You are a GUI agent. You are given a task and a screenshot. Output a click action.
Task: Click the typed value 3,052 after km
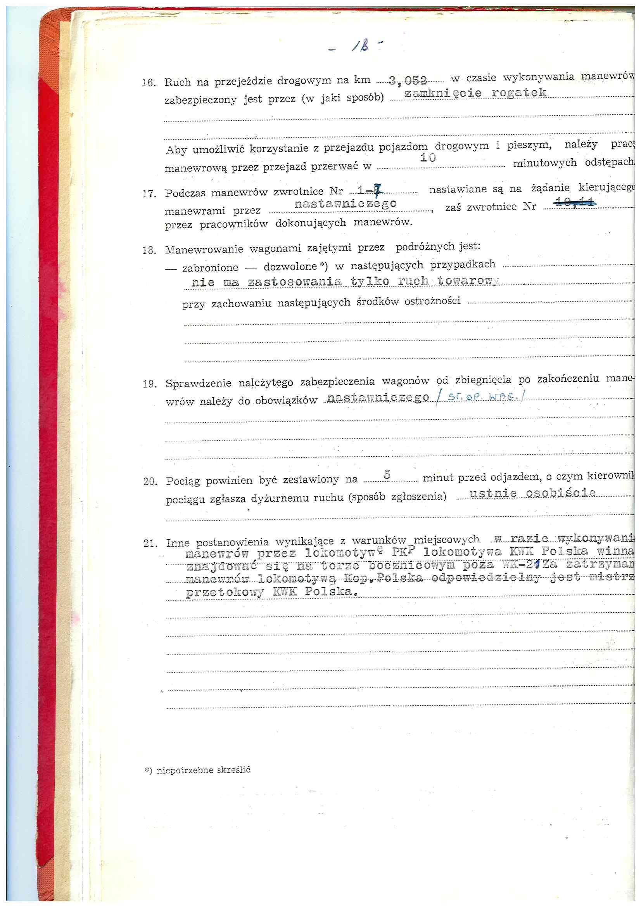408,81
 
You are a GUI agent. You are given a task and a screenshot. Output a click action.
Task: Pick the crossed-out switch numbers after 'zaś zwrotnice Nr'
575,203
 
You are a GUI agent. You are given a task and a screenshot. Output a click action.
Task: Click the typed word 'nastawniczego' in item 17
346,204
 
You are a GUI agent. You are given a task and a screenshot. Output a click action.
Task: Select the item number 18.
150,251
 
